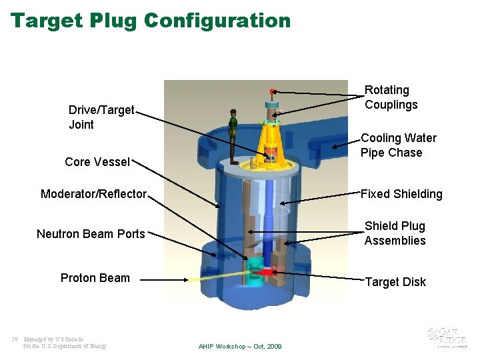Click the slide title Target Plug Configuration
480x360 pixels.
151,20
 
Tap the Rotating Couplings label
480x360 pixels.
391,97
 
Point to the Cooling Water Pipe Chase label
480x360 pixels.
398,145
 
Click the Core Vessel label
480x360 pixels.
97,162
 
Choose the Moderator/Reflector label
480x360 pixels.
93,194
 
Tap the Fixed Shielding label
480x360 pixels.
401,194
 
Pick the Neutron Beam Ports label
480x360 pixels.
91,233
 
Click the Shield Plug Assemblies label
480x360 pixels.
395,233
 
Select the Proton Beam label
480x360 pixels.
95,278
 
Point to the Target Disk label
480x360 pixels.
395,282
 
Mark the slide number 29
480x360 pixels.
14,339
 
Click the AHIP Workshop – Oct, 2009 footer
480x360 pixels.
240,347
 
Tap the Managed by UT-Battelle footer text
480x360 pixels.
65,343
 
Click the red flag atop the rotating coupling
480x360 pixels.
272,91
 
